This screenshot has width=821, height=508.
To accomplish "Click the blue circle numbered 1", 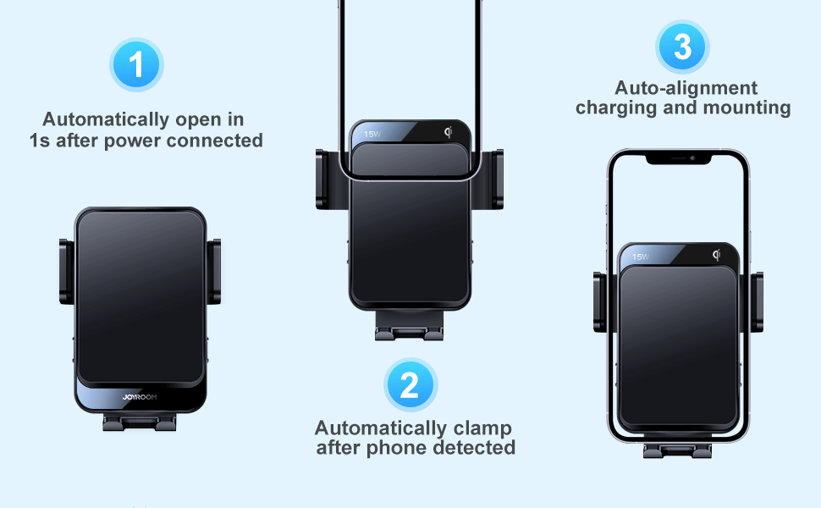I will pyautogui.click(x=136, y=65).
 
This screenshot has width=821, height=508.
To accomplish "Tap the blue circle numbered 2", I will pyautogui.click(x=410, y=385).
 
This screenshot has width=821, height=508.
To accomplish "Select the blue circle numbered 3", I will pyautogui.click(x=683, y=47).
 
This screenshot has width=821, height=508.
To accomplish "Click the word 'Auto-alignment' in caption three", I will pyautogui.click(x=686, y=88).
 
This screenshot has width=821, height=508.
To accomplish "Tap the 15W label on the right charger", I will pyautogui.click(x=640, y=257).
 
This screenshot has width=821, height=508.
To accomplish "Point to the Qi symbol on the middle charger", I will pyautogui.click(x=449, y=132).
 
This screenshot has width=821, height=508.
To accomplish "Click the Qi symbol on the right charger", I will pyautogui.click(x=717, y=255).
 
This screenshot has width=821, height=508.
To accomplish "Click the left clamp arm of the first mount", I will pyautogui.click(x=65, y=271).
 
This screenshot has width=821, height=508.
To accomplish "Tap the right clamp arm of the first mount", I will pyautogui.click(x=215, y=271).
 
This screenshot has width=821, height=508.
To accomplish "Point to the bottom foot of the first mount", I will pyautogui.click(x=140, y=421).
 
